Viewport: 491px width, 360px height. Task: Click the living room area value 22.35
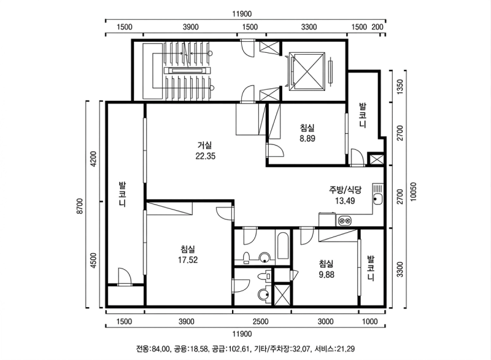click(206, 156)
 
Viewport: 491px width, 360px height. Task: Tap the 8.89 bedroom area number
click(307, 138)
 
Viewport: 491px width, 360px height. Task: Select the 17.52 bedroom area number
click(188, 260)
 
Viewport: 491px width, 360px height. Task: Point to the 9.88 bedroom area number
click(327, 275)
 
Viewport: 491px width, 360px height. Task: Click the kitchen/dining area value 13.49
click(345, 201)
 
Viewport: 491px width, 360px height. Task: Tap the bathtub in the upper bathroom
click(282, 246)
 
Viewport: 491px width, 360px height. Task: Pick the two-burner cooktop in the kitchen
click(344, 221)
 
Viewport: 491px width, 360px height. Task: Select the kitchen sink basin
click(378, 199)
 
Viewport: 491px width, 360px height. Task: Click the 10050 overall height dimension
click(413, 192)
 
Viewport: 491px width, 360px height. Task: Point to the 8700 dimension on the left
click(80, 206)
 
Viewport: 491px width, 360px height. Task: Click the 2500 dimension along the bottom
click(260, 321)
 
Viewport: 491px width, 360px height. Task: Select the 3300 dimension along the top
click(309, 27)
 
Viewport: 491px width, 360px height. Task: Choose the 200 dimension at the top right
click(377, 27)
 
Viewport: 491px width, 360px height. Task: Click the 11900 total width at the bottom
click(242, 334)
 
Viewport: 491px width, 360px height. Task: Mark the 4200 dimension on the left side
click(93, 159)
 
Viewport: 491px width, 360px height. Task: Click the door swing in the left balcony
click(124, 276)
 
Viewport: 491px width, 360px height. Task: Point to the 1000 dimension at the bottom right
click(370, 321)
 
